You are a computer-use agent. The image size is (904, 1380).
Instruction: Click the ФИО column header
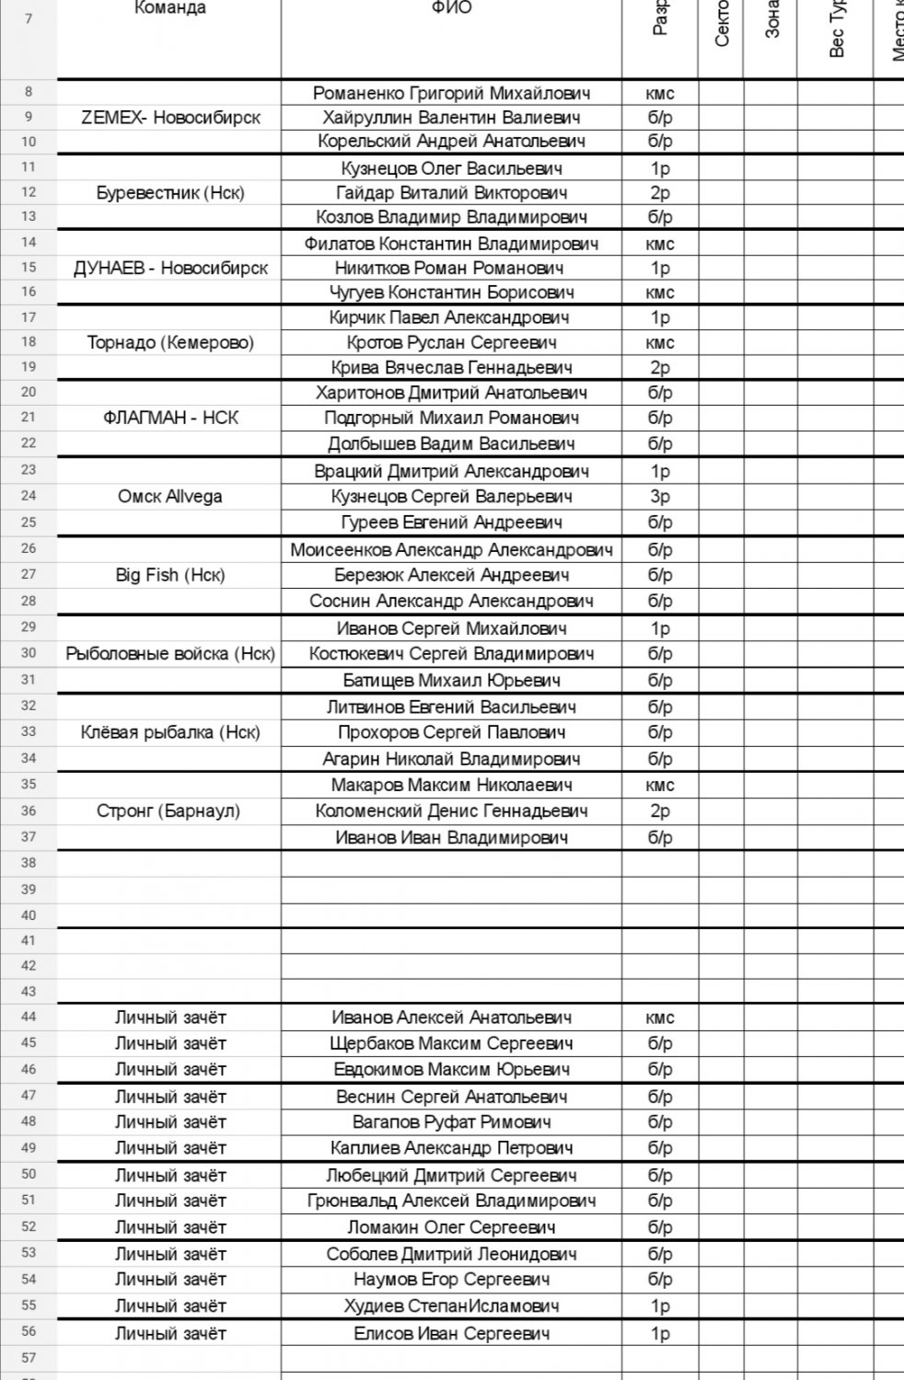(451, 8)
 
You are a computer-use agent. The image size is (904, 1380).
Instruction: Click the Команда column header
(170, 8)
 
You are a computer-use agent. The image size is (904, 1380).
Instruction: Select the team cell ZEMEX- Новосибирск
(170, 118)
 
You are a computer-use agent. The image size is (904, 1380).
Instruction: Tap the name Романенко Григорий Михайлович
(451, 93)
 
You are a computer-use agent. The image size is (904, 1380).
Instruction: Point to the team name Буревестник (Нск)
(170, 193)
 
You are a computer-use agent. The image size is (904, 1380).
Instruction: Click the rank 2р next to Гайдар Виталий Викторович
(660, 193)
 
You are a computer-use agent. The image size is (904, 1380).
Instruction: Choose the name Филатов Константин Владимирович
(451, 244)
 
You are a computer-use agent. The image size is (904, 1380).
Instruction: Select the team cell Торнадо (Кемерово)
(170, 342)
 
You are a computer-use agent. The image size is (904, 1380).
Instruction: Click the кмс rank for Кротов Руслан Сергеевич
(660, 342)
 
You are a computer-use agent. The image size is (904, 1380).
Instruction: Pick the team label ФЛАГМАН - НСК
(170, 418)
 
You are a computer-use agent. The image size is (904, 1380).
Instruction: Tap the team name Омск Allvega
(170, 497)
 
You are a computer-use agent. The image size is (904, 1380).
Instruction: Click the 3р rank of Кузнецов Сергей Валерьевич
(660, 497)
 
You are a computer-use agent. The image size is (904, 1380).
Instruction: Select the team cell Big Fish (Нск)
(170, 575)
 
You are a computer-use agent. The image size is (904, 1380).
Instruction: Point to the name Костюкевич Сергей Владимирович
(451, 654)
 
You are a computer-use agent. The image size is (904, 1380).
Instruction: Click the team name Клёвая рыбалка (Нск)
(170, 733)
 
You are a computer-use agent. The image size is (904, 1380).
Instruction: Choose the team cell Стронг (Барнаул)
(170, 811)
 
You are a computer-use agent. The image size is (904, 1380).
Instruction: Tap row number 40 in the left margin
(29, 915)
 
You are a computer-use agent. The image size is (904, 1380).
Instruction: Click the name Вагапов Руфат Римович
(451, 1122)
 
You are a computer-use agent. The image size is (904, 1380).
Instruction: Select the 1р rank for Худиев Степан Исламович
(660, 1306)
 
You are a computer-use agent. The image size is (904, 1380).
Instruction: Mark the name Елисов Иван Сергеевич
(451, 1334)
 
